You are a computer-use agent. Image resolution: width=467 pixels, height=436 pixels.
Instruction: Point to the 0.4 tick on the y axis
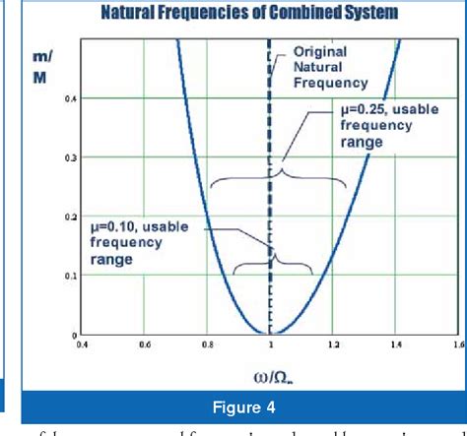(69, 98)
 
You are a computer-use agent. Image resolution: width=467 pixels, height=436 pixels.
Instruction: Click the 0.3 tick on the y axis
(69, 157)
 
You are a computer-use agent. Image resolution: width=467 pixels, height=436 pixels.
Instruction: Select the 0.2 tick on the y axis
(69, 217)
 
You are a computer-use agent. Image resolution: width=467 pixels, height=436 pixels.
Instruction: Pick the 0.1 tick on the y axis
(69, 276)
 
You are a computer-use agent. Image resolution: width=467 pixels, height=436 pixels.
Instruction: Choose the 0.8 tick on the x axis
(207, 344)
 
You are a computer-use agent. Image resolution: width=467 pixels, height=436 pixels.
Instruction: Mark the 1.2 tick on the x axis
(333, 344)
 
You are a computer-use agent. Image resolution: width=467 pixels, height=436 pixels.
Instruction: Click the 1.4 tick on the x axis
(396, 344)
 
